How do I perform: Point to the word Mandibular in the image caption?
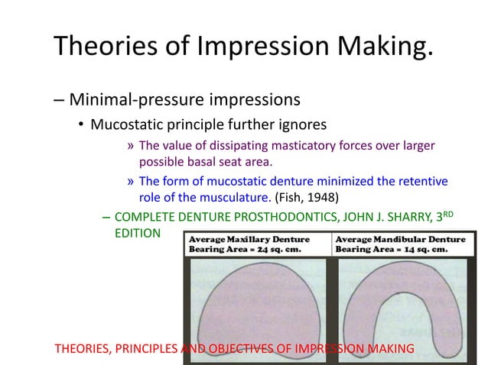[405, 238]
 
